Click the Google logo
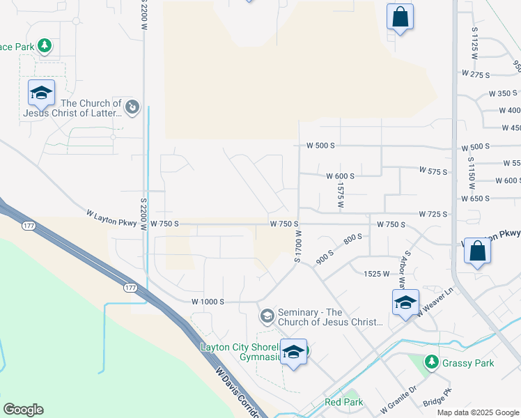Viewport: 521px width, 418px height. [x=24, y=410]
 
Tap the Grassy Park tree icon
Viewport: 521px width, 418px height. [x=432, y=362]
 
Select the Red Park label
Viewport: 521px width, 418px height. [x=343, y=402]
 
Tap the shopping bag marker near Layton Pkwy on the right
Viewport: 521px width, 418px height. [x=478, y=252]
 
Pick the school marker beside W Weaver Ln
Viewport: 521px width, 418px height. [x=405, y=303]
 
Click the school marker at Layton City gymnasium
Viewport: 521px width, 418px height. [x=293, y=353]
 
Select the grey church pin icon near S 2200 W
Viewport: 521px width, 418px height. [x=133, y=107]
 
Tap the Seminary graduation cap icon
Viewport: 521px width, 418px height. [x=266, y=316]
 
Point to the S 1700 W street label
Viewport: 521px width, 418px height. [x=297, y=246]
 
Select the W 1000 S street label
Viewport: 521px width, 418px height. [x=208, y=302]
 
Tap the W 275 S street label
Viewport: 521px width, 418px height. [x=476, y=73]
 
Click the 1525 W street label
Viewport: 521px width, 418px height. [x=376, y=274]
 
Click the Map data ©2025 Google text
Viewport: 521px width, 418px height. [x=477, y=412]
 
